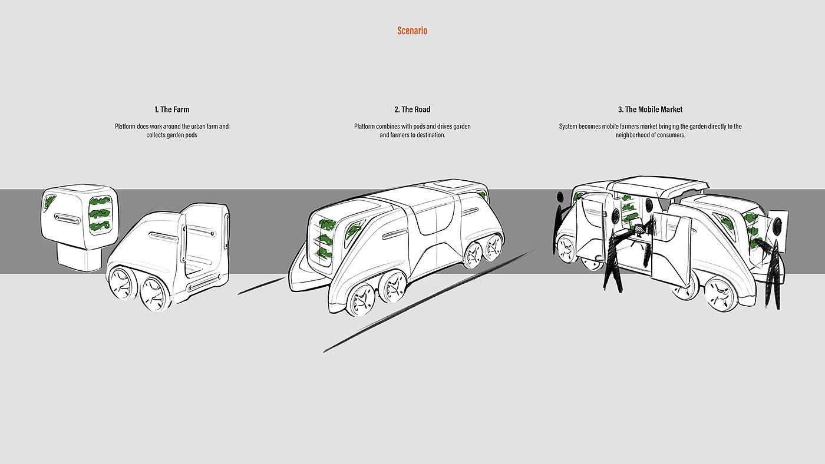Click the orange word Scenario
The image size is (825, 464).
[412, 31]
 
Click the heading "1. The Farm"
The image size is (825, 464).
[171, 110]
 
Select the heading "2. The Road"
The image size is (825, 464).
[412, 110]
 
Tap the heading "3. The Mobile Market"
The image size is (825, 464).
[650, 110]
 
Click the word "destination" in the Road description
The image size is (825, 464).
[428, 135]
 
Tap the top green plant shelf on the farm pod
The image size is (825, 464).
[100, 201]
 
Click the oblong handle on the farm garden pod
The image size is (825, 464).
[67, 218]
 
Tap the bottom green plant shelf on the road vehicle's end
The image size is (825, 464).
[324, 252]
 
